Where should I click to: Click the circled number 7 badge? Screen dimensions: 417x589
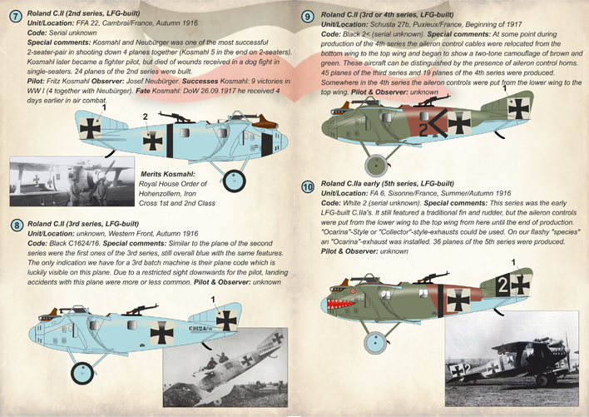(x=15, y=12)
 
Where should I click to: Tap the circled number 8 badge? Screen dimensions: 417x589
(x=16, y=225)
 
